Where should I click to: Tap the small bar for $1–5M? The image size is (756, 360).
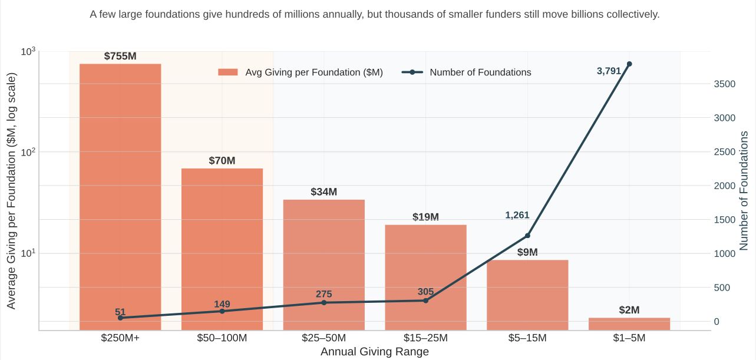629,323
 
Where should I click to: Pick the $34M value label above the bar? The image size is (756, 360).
323,192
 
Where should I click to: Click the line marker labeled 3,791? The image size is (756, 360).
629,64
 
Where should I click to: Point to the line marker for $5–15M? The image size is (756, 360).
527,236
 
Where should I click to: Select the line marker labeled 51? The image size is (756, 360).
120,318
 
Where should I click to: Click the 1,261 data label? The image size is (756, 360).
517,215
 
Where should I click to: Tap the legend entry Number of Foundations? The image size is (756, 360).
480,72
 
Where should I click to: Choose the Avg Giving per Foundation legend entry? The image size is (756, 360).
313,72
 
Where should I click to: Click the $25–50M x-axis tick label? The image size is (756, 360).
323,338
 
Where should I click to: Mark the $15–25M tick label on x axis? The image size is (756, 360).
425,338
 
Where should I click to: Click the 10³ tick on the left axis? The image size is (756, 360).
28,52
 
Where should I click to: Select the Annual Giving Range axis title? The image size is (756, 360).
374,352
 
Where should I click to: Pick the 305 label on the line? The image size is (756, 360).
425,292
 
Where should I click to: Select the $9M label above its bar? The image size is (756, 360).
527,252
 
